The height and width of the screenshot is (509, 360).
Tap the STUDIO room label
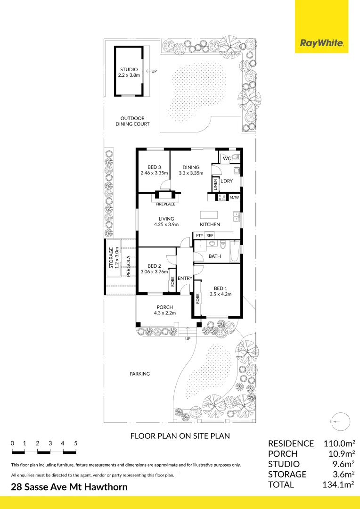129,69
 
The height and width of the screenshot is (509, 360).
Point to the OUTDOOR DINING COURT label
132,121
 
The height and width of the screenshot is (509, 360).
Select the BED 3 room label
154,167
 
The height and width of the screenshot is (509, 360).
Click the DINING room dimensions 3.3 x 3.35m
191,173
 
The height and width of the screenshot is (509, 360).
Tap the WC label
227,158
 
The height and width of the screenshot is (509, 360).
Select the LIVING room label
166,219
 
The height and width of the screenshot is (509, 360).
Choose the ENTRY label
185,279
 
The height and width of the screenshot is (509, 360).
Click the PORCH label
165,307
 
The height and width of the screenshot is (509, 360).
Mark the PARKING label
139,374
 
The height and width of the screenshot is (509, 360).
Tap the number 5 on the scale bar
75,443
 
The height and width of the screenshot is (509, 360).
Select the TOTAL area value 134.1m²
338,484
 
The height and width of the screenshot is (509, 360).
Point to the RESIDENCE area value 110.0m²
338,443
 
